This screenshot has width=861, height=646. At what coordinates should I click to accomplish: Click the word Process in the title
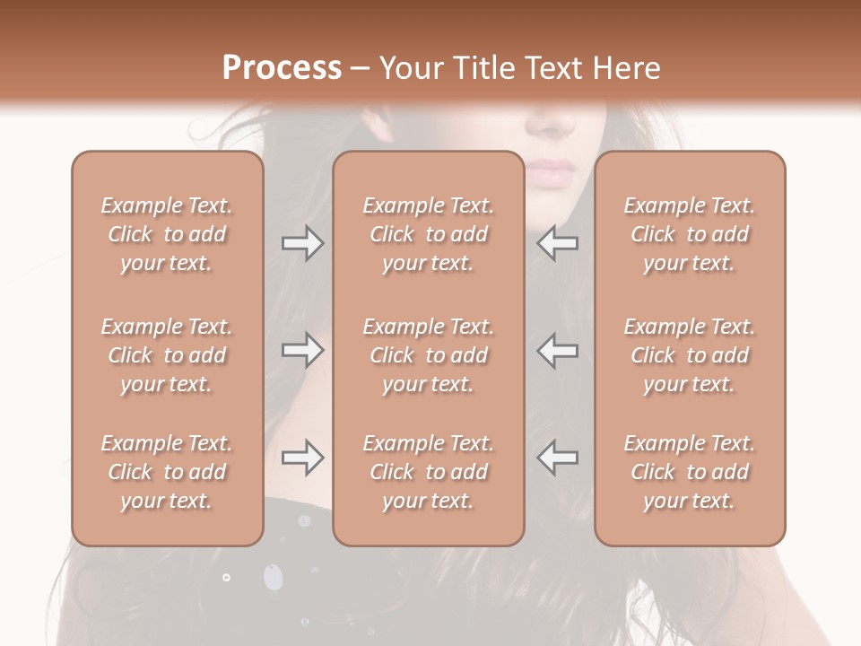click(282, 68)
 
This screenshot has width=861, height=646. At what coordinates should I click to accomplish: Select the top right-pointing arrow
click(302, 243)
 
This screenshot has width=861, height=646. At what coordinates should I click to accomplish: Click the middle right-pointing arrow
click(302, 350)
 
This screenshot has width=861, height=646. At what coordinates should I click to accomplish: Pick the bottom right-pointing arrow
click(302, 458)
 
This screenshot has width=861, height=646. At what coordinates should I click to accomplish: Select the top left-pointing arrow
click(558, 243)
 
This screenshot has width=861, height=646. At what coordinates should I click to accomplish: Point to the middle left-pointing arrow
click(558, 350)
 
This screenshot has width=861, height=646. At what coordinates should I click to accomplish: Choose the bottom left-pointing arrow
click(558, 458)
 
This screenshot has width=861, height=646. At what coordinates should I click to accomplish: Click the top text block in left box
click(167, 234)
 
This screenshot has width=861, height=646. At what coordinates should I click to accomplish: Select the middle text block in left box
click(167, 355)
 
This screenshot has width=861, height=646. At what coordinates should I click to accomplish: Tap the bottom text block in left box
click(167, 472)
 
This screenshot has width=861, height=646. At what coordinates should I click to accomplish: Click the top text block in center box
click(429, 234)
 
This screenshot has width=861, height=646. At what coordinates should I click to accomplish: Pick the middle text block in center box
click(429, 355)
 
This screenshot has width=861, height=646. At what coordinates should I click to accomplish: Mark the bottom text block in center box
click(429, 472)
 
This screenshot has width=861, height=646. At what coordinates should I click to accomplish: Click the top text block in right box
click(690, 234)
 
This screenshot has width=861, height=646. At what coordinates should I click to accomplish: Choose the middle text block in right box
click(690, 355)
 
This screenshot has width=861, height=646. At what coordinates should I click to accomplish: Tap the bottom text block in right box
click(690, 472)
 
